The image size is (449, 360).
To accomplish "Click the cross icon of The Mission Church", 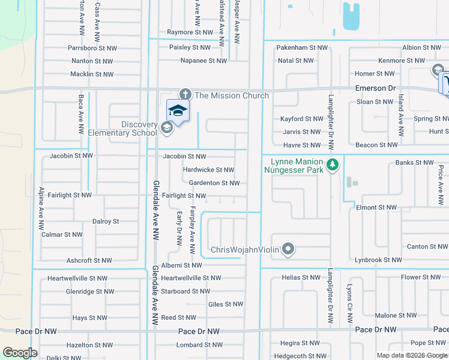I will (x=185, y=94).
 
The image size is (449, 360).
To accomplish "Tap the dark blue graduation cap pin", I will (x=178, y=110).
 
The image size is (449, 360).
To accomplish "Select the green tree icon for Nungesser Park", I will (x=331, y=164).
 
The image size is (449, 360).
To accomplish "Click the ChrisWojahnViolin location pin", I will (x=289, y=249).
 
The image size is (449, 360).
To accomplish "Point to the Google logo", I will (x=20, y=353).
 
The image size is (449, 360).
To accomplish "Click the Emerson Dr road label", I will (x=376, y=88).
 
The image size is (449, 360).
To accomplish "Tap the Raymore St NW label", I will (x=190, y=32).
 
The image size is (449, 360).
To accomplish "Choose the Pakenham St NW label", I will (x=302, y=47).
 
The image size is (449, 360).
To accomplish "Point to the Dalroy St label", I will (x=106, y=221).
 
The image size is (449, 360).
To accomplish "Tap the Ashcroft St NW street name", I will (x=89, y=260).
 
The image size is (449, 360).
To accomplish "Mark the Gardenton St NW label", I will (x=214, y=183).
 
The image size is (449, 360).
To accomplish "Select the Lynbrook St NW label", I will (x=378, y=260).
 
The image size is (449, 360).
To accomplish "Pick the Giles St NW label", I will (x=225, y=305).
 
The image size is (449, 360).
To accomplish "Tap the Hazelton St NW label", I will (x=89, y=345).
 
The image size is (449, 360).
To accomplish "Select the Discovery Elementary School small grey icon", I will (x=166, y=127).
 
